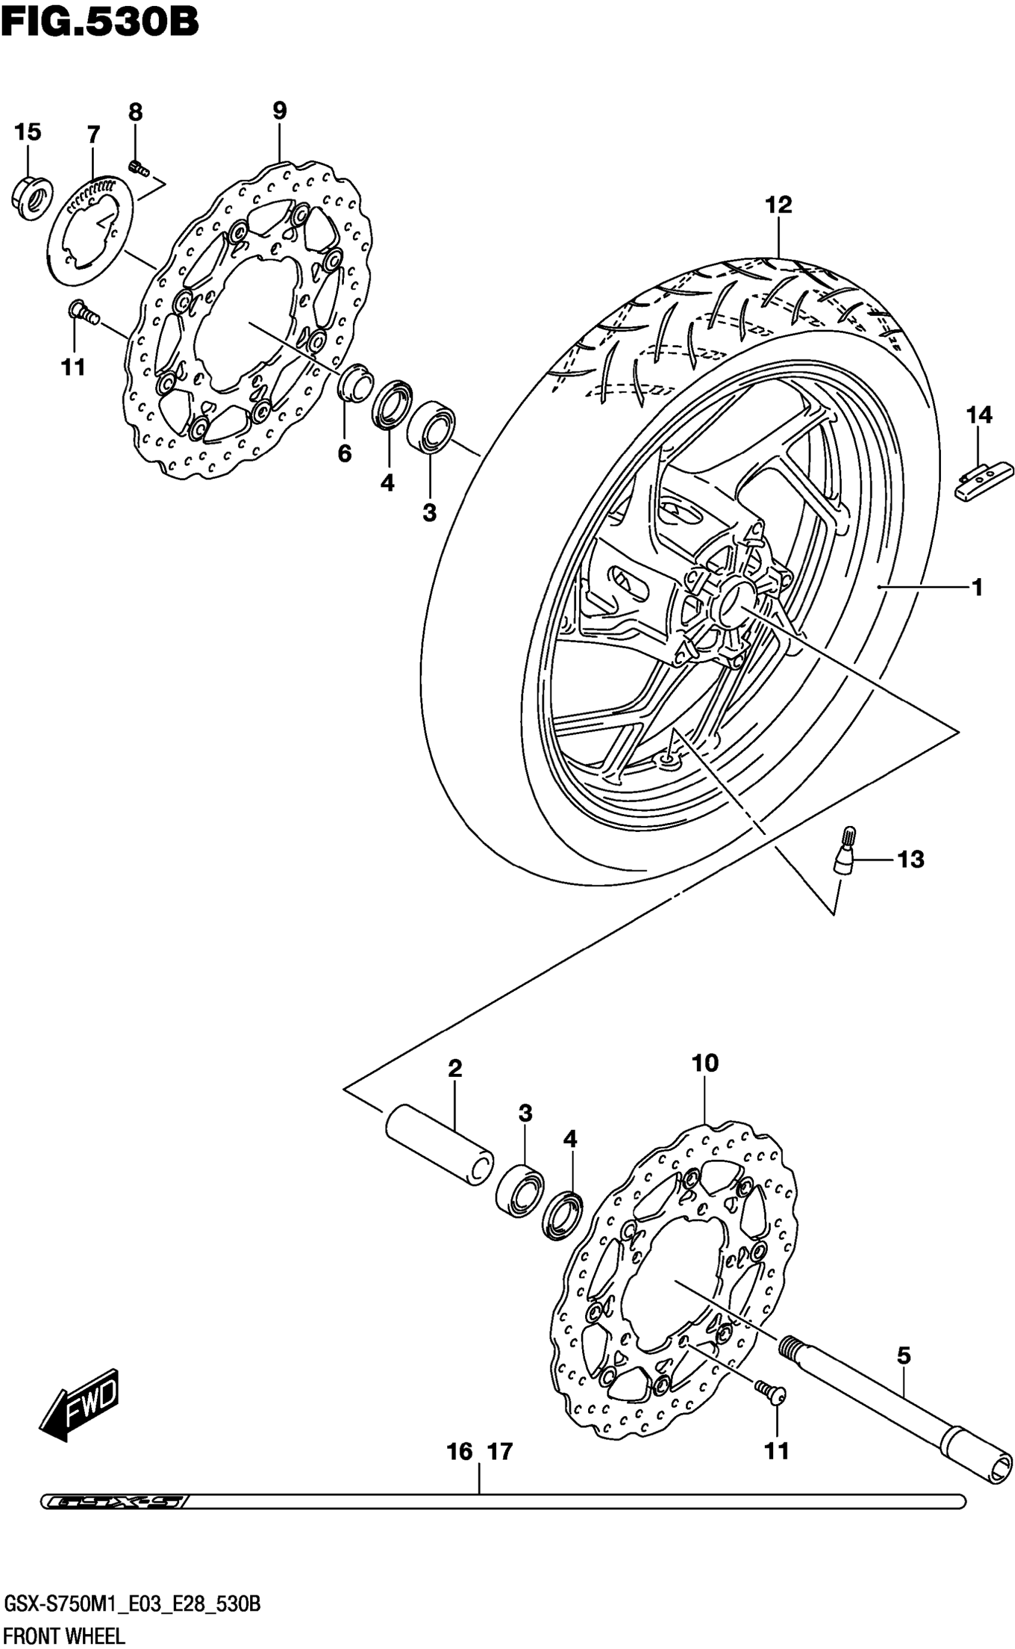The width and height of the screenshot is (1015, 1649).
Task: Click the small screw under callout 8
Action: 139,168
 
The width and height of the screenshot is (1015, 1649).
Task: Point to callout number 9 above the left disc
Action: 279,110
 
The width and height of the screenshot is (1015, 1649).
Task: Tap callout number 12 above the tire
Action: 779,205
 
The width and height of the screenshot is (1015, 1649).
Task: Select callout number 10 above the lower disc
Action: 706,1063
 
